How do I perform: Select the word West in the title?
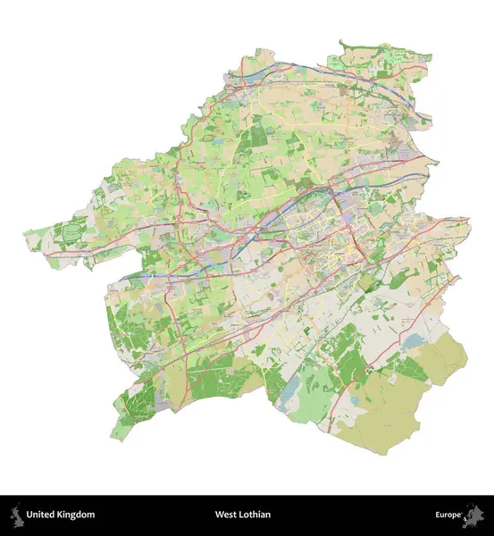(224, 515)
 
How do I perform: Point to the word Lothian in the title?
(255, 515)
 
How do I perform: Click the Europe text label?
(448, 515)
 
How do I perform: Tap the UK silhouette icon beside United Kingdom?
(16, 515)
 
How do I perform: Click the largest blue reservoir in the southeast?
(414, 341)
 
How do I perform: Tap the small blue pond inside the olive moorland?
(357, 401)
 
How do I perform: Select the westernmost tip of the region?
(24, 234)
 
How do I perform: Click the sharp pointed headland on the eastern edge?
(438, 162)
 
